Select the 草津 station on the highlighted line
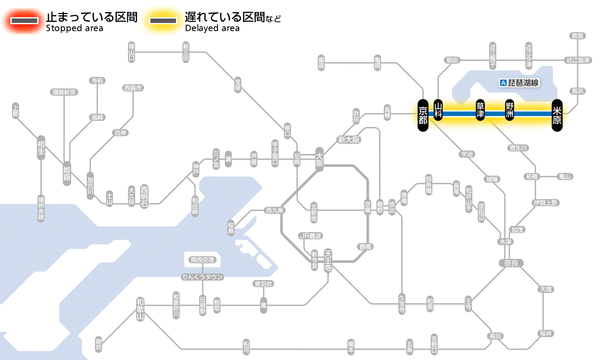pos(480,111)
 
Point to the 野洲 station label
pos(510,111)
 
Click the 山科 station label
pos(438,111)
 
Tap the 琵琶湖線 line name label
pos(520,83)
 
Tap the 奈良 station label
pos(510,263)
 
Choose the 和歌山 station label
pos(140,309)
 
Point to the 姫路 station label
pos(67,173)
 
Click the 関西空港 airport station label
pos(202,260)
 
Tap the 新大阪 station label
pos(349,139)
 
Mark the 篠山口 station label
pos(132,53)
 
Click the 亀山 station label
pos(565,177)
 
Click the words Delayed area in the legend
pos(212,28)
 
